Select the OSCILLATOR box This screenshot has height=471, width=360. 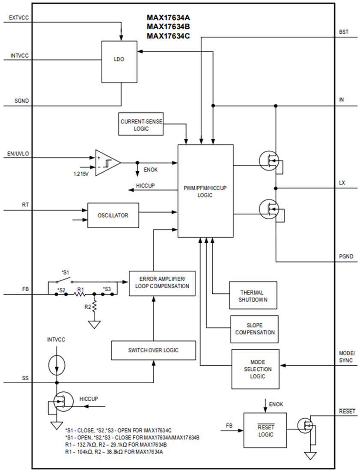113,215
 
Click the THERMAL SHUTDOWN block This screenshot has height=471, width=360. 253,295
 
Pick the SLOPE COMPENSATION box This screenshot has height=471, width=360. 254,329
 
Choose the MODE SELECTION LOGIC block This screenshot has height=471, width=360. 255,369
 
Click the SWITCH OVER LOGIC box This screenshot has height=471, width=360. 153,350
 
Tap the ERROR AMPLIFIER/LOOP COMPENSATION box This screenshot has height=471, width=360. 161,283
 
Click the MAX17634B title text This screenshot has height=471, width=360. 168,27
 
